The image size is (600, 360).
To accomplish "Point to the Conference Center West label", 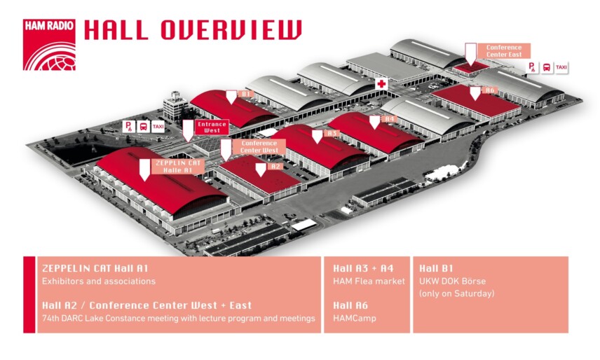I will tap(259, 147).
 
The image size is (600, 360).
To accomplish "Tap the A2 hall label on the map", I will tap(275, 167).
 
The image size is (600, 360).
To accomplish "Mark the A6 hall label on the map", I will tap(490, 90).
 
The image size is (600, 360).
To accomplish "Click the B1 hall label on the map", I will tap(245, 93).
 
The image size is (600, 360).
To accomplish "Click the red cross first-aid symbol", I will tap(382, 84).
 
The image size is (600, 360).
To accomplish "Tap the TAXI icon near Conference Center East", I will tap(561, 67).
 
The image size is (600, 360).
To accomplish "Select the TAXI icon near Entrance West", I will tap(158, 127).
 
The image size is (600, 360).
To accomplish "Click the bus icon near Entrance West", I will tap(143, 127).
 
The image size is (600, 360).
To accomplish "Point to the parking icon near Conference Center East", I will tap(533, 67).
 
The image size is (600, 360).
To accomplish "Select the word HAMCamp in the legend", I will tap(355, 319).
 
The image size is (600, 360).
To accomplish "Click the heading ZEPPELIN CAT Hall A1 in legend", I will tap(95, 268).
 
